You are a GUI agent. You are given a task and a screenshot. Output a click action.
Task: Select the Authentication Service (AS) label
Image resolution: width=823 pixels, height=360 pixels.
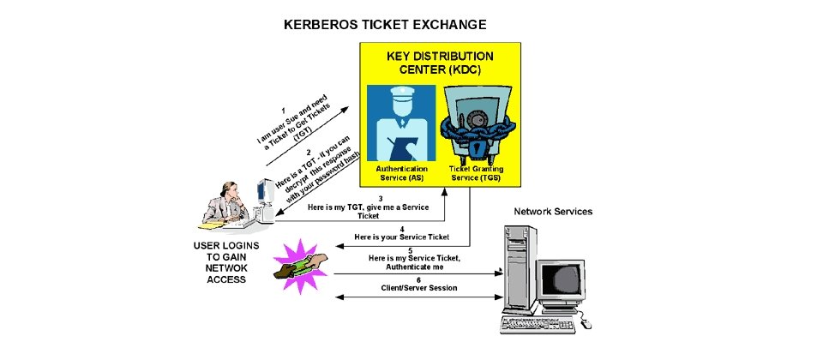[401, 173]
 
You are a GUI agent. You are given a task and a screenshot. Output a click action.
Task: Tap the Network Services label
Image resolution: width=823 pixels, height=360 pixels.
[552, 211]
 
